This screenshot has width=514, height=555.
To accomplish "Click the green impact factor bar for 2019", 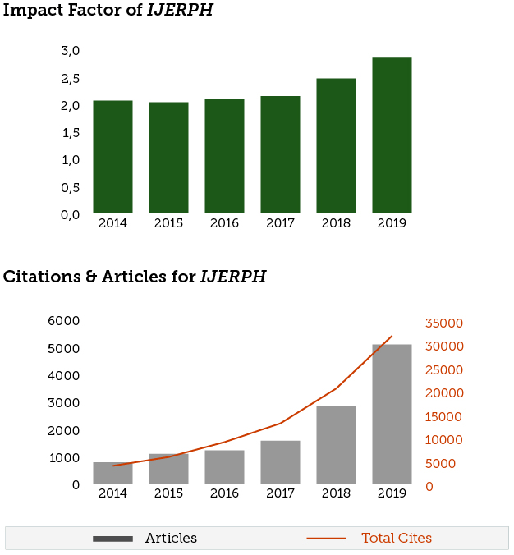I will click(392, 135).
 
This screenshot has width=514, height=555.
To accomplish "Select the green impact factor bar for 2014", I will click(112, 157).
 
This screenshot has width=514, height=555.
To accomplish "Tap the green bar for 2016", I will click(224, 156).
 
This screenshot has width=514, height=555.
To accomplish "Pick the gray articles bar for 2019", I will click(392, 414).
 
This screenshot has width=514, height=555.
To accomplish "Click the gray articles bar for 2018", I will click(336, 444).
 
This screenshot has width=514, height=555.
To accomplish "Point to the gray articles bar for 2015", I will click(168, 469).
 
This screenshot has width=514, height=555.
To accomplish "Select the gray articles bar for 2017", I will click(280, 461).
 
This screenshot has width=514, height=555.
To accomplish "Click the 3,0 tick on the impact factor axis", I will click(70, 51).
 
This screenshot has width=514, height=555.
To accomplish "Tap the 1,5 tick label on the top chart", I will click(70, 133).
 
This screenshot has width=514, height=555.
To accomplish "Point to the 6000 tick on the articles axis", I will click(65, 321).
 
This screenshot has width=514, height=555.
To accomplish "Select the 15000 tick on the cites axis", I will click(443, 417).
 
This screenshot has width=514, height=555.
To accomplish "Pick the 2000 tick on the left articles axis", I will click(65, 430).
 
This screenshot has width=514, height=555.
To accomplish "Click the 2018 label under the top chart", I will click(336, 223).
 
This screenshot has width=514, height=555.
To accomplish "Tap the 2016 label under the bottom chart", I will click(224, 493).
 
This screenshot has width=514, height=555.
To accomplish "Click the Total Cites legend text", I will click(397, 539).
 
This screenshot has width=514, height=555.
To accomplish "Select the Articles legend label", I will click(171, 539).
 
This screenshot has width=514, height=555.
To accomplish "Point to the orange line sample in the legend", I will click(326, 539).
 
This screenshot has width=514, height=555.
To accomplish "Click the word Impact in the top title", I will click(31, 11).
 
